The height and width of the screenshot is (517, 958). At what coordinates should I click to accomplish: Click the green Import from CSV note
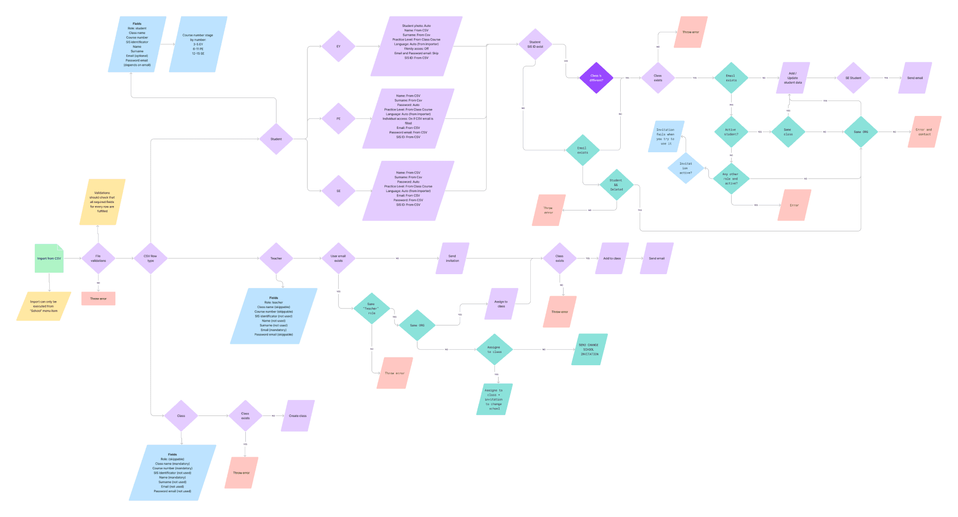(x=49, y=258)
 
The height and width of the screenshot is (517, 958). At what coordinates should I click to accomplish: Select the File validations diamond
(x=98, y=258)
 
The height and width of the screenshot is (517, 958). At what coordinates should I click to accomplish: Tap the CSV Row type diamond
(x=150, y=258)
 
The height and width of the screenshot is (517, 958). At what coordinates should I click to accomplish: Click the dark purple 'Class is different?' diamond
(x=596, y=78)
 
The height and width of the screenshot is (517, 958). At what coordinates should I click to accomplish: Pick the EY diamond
(x=338, y=46)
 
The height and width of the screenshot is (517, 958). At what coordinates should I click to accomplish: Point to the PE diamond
(x=338, y=118)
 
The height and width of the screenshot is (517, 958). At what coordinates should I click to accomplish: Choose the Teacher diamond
(x=276, y=258)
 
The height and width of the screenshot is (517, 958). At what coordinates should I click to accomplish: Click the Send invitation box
(x=452, y=258)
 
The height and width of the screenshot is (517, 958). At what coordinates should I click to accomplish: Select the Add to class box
(x=612, y=258)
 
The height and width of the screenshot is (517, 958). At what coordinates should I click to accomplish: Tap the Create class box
(x=297, y=415)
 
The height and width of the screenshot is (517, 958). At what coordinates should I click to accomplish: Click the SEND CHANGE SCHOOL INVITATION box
(x=589, y=349)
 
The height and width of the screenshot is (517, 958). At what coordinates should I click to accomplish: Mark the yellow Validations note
(x=102, y=202)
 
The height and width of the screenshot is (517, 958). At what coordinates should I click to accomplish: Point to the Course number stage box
(x=197, y=44)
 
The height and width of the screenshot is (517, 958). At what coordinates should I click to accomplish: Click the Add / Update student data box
(x=792, y=78)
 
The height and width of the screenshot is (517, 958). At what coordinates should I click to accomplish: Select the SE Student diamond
(x=853, y=78)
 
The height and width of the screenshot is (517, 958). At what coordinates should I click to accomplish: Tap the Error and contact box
(x=924, y=132)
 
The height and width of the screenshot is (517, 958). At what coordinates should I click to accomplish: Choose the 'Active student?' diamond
(x=731, y=132)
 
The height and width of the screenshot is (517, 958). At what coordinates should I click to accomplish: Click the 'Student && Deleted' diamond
(x=616, y=185)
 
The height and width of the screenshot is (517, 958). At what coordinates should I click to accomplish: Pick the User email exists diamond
(x=338, y=258)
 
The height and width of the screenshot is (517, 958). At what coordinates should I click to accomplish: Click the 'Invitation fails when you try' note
(x=666, y=136)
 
